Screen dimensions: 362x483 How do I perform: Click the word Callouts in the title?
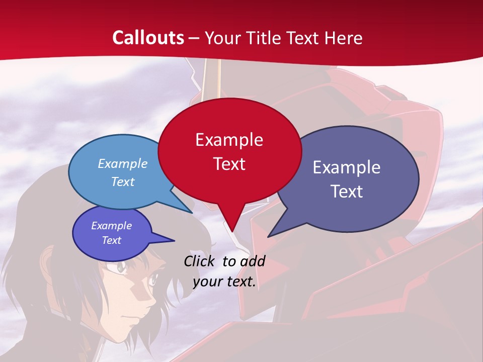coord(148,38)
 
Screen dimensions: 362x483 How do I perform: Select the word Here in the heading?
coord(344,38)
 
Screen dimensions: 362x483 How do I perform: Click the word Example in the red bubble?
coord(229,140)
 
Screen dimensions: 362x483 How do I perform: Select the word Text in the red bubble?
coord(229,164)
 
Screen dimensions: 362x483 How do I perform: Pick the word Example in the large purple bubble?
coord(347,167)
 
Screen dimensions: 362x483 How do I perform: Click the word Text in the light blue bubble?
coord(123,182)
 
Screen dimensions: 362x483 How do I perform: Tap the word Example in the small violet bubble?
coord(111,226)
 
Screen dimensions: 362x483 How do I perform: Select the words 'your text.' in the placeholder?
coord(224,282)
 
